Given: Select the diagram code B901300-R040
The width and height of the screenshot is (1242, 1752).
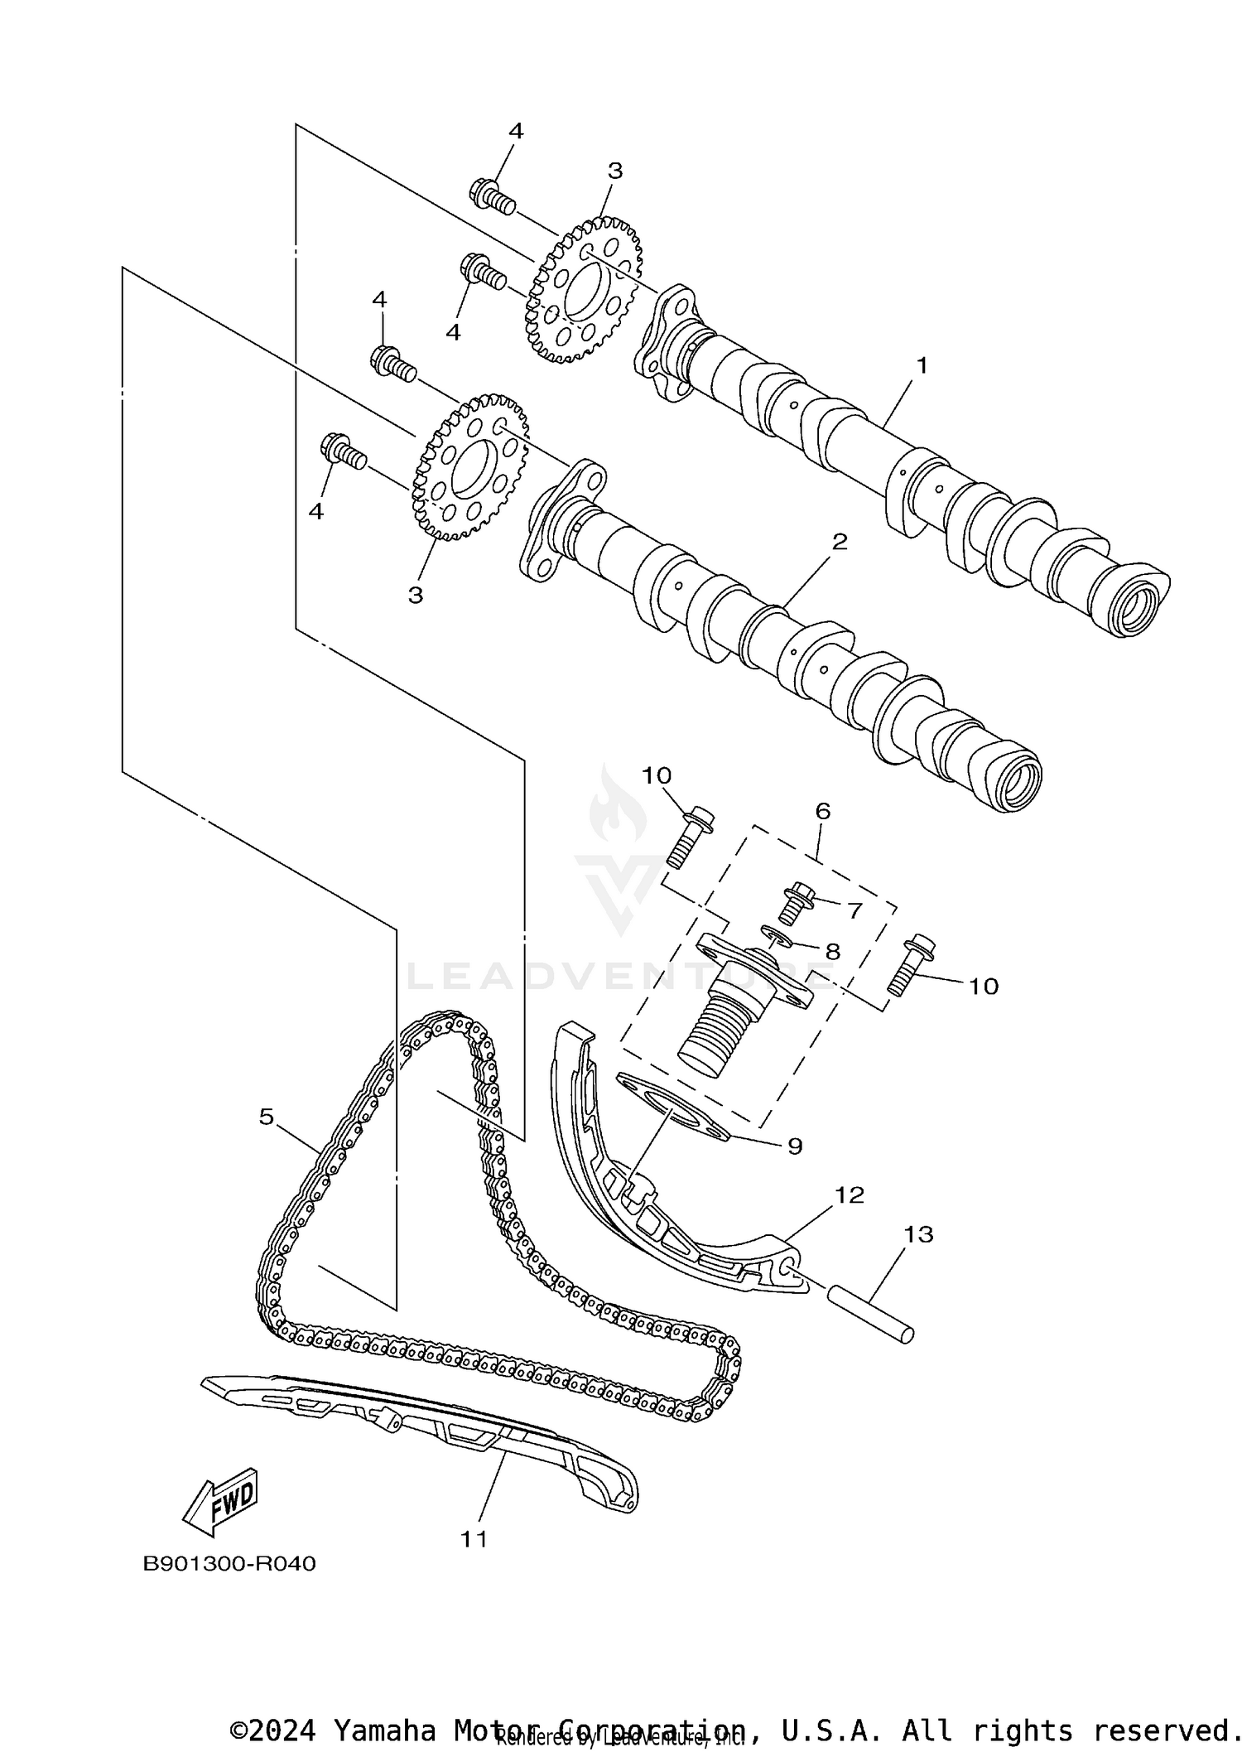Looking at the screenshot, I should [229, 1564].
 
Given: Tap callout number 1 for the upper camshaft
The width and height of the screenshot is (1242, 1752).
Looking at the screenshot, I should [922, 364].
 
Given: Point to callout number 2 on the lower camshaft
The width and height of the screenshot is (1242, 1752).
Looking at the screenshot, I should [840, 542].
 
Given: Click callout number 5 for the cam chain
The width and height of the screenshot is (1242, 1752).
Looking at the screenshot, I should [266, 1117].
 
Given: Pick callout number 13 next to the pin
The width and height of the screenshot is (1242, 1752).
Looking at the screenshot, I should [918, 1257].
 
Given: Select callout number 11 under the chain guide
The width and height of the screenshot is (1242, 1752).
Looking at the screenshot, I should [474, 1539].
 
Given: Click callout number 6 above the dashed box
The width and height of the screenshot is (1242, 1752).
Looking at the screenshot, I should [822, 811].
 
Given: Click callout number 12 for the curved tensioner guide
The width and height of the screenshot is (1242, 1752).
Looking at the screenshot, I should [849, 1195].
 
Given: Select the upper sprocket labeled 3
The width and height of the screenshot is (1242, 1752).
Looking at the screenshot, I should [584, 290].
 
